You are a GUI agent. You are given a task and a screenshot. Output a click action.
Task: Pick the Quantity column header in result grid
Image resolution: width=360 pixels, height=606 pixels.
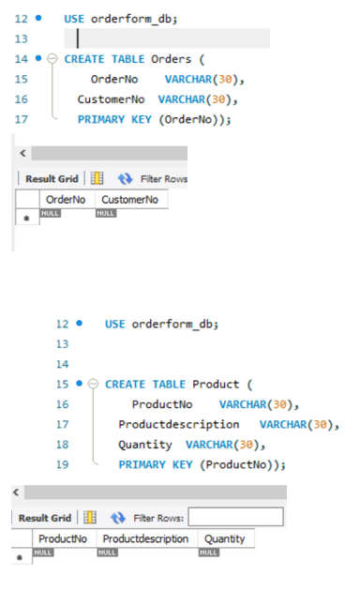coord(224,538)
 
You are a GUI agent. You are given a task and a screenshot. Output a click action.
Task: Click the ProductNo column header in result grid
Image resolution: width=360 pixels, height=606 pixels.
coord(63,538)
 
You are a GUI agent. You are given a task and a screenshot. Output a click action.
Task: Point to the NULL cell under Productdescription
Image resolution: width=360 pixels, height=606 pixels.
coord(108,553)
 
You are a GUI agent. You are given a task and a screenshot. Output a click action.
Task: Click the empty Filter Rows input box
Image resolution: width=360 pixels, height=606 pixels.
coord(234,518)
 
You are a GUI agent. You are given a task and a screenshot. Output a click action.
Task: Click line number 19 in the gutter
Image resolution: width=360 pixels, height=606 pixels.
coord(63,464)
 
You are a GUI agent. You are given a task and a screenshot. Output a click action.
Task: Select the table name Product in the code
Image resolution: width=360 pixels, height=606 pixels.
coord(217,384)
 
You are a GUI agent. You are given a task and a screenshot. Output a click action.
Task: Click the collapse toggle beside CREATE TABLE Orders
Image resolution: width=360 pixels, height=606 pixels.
coord(52,59)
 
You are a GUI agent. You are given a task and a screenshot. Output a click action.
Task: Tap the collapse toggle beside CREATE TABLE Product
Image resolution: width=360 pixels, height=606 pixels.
coord(93,384)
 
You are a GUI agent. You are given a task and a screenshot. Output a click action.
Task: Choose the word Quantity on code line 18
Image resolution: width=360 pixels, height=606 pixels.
coord(145,445)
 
